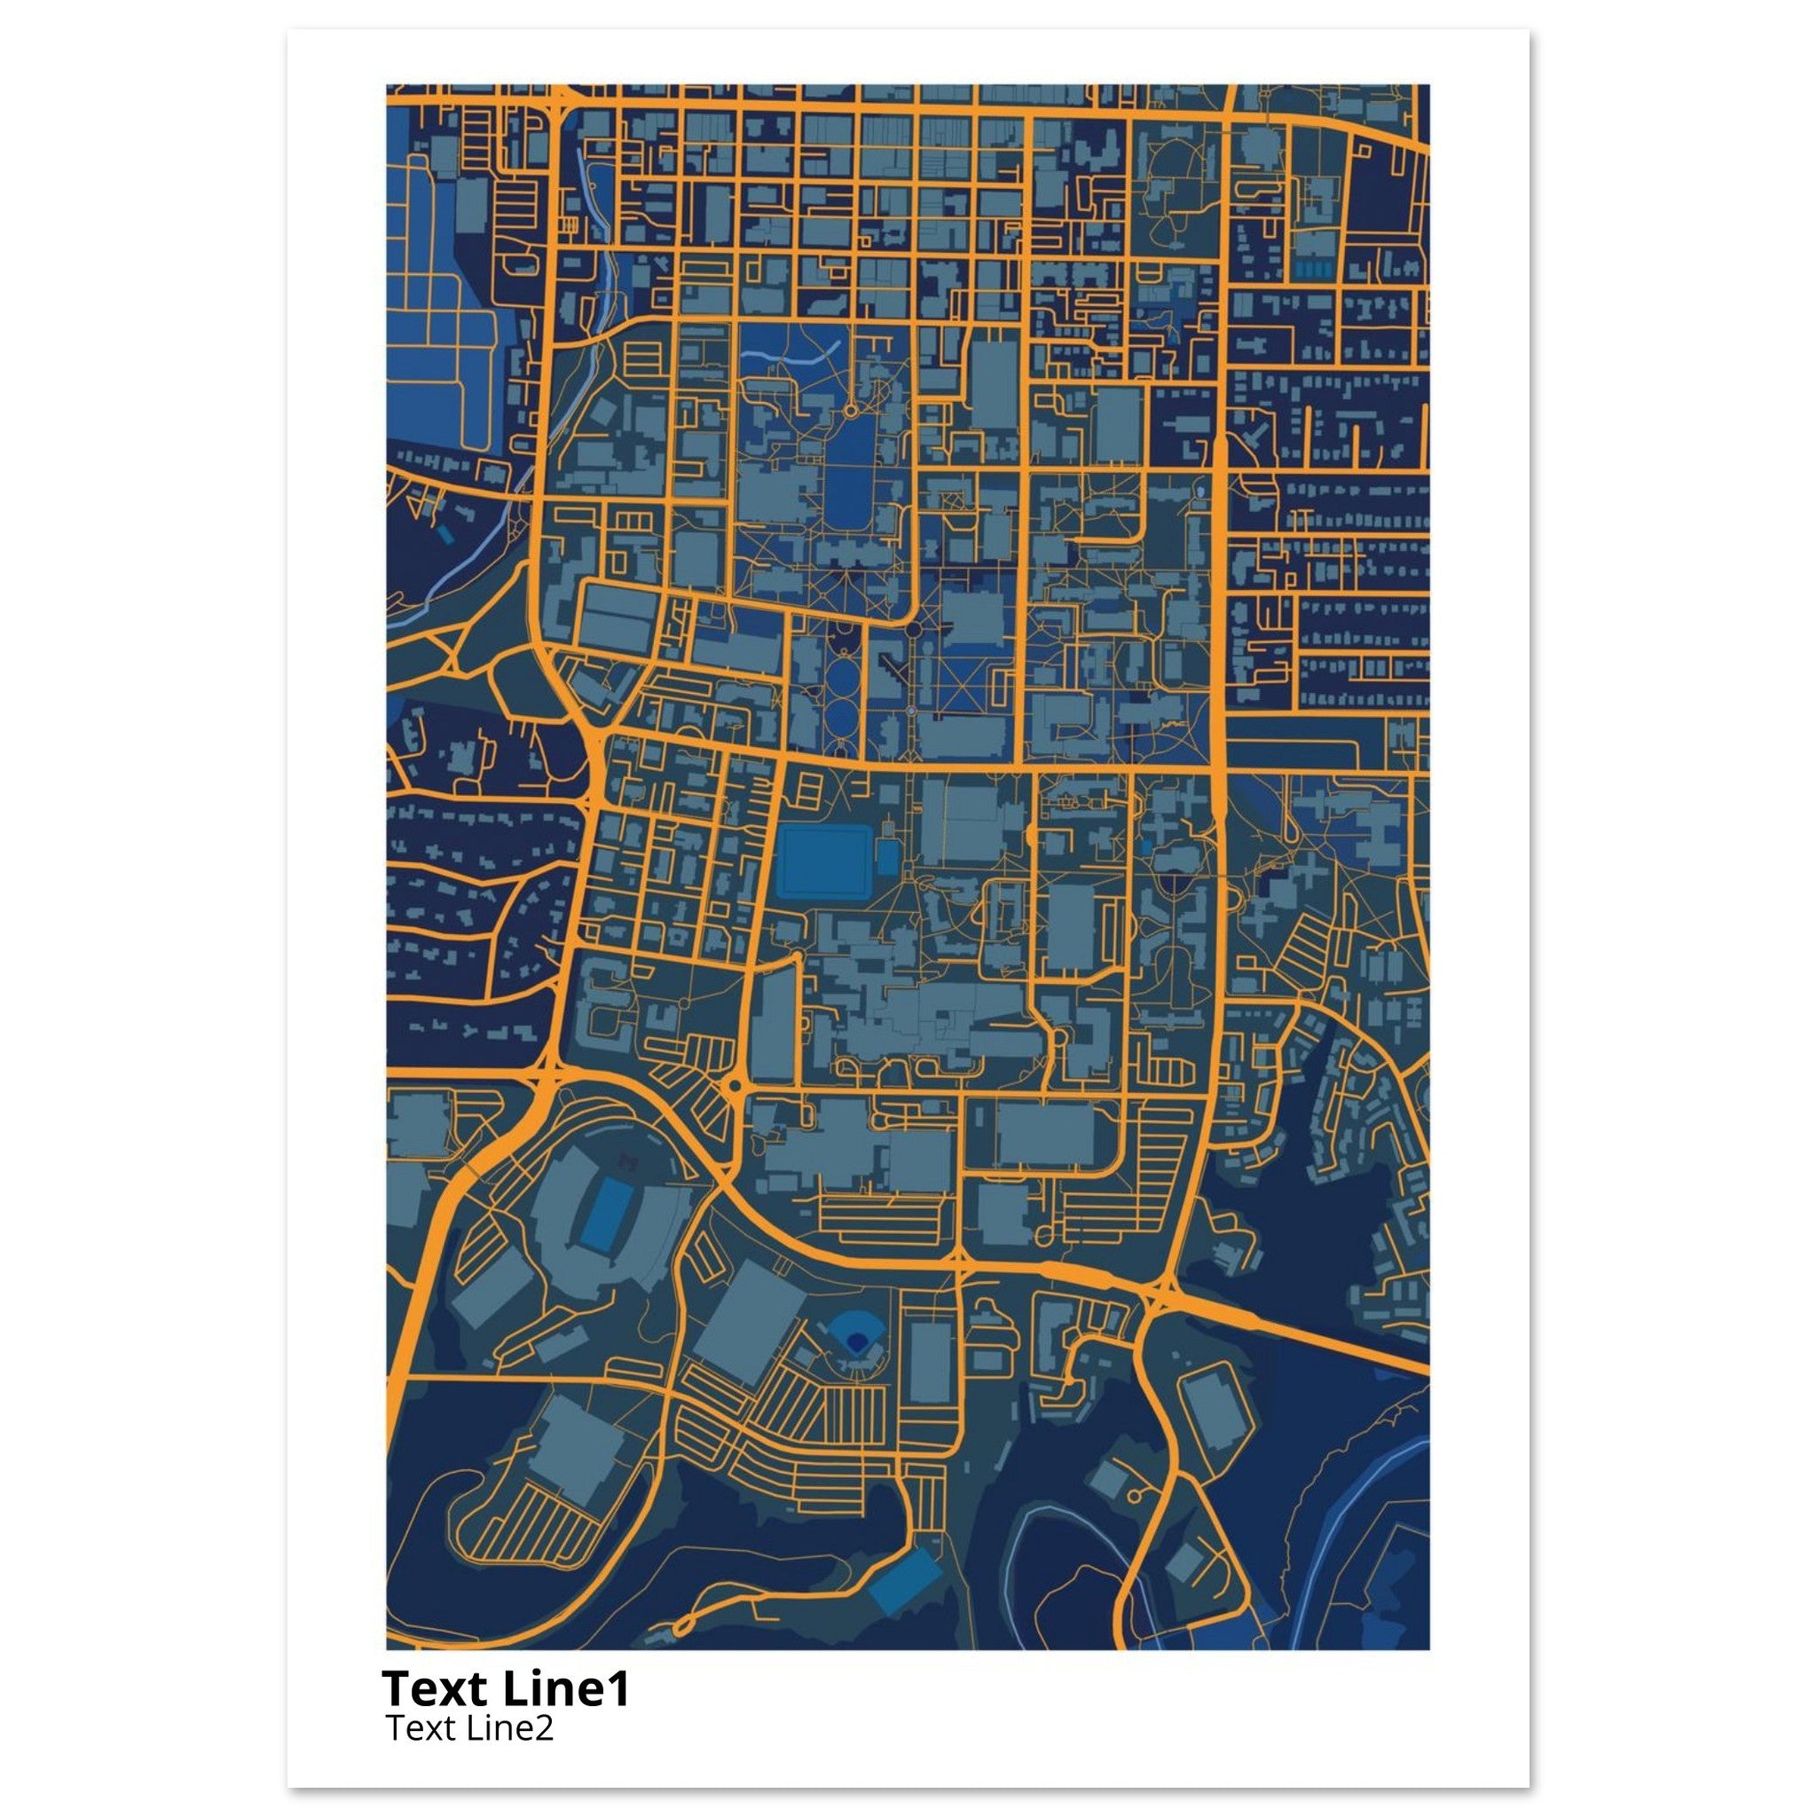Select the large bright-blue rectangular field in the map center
[x=825, y=861]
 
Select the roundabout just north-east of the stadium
[x=735, y=1086]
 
